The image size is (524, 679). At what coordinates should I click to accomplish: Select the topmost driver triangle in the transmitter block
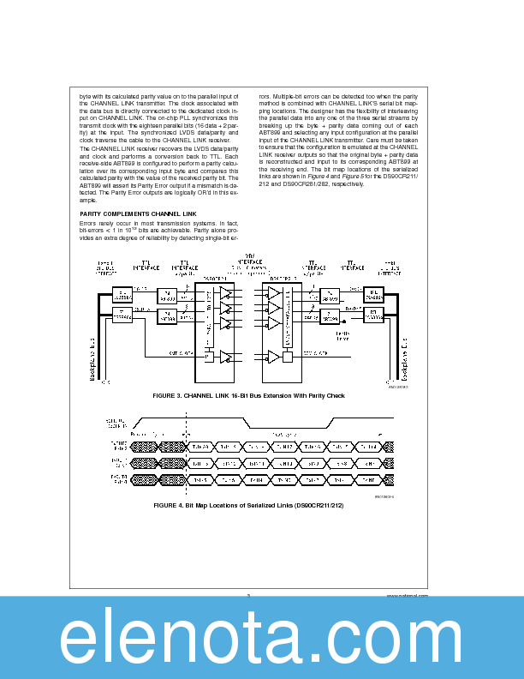(225, 293)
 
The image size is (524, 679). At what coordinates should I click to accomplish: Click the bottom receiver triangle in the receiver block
(274, 355)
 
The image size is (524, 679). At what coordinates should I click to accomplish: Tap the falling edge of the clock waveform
(247, 423)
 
